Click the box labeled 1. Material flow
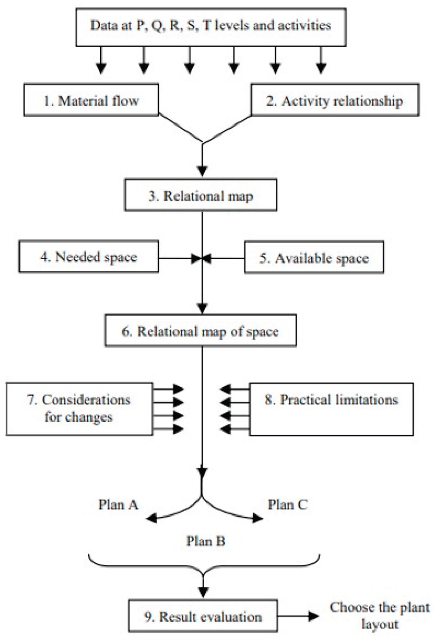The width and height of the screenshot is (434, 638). [x=91, y=100]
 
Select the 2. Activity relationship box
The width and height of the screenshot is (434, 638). [x=335, y=100]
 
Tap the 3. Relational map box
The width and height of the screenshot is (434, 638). [x=201, y=195]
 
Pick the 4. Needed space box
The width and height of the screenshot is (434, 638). [x=88, y=257]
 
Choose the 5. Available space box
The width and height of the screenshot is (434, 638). [x=314, y=258]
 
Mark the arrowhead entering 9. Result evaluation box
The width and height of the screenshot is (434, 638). [x=203, y=592]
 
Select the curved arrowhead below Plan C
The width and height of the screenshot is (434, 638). [x=257, y=518]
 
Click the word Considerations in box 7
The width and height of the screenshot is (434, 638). [x=86, y=400]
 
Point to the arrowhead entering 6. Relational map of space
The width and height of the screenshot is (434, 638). [x=202, y=308]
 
